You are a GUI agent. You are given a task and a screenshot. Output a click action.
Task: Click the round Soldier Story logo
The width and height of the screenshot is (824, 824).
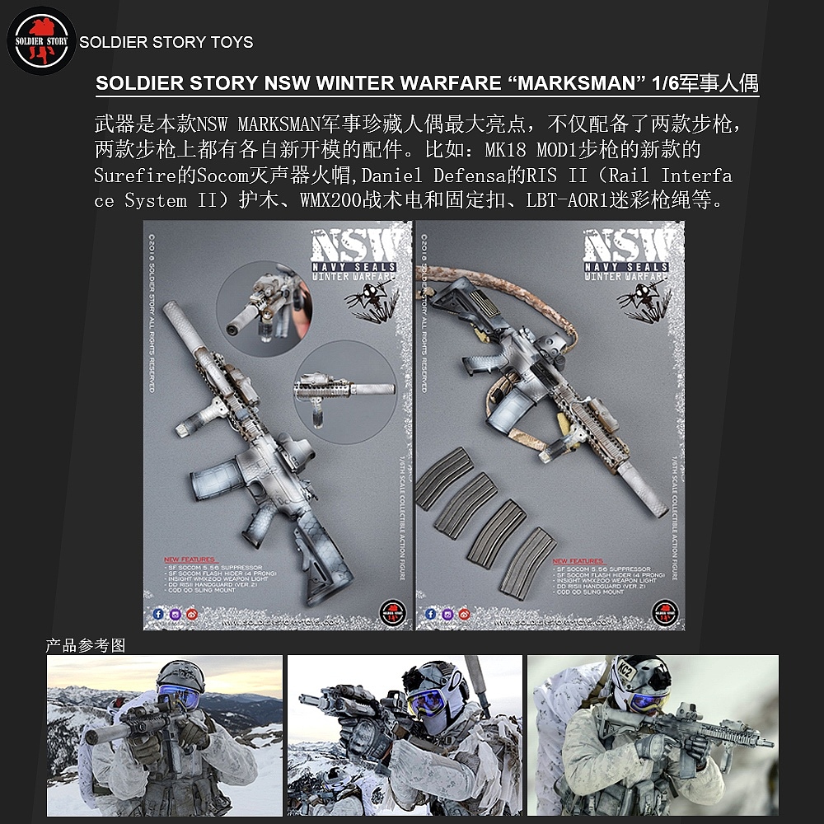pos(41,41)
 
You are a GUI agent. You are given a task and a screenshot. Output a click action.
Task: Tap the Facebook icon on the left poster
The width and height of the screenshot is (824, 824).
pos(159,613)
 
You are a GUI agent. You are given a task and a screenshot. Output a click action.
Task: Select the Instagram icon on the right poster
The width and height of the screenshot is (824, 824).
pos(446,613)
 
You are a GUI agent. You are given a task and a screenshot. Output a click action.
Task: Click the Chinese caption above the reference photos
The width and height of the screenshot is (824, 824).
pos(86,646)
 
